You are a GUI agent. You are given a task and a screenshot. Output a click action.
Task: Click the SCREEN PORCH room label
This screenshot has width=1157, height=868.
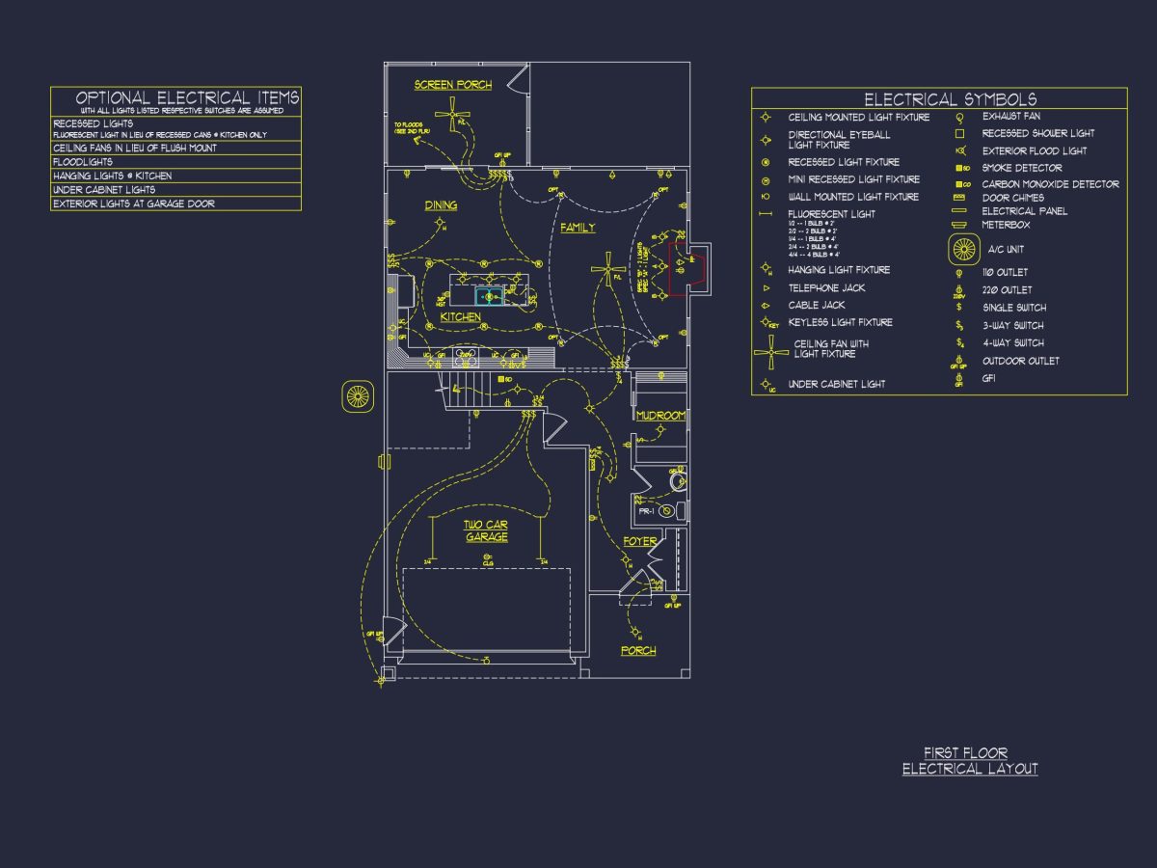(453, 85)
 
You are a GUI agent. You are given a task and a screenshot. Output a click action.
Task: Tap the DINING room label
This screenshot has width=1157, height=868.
(441, 205)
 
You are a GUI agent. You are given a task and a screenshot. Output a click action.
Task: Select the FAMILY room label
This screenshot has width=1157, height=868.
(578, 229)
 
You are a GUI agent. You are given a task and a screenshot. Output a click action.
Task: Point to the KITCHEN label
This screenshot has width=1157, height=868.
(461, 317)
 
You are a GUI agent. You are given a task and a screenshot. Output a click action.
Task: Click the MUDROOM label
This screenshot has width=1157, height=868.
(660, 416)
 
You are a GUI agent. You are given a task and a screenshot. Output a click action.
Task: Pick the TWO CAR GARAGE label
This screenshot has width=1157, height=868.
(487, 530)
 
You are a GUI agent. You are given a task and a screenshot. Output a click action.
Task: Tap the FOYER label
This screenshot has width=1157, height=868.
(639, 542)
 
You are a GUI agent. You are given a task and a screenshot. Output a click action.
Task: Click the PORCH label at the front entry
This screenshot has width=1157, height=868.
(638, 651)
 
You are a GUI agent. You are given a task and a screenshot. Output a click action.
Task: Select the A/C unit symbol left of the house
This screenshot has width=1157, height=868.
(358, 395)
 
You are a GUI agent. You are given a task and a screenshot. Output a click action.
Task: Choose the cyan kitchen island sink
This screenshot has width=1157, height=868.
(489, 296)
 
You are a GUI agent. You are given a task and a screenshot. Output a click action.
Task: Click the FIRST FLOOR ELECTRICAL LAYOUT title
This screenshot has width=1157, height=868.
(970, 761)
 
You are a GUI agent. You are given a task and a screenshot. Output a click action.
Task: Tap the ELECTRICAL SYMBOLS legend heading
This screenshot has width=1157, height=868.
(950, 99)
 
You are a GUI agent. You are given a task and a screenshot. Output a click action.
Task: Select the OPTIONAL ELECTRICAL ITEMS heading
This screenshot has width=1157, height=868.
(187, 97)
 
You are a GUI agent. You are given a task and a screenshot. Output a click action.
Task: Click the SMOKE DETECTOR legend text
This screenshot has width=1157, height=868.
(1022, 168)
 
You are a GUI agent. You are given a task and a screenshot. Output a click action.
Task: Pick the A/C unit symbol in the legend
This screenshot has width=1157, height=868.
(964, 249)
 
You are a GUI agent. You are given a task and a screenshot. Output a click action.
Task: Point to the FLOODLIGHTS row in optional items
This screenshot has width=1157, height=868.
(83, 162)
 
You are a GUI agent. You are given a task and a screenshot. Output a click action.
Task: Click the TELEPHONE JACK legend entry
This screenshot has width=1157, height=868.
(826, 287)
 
